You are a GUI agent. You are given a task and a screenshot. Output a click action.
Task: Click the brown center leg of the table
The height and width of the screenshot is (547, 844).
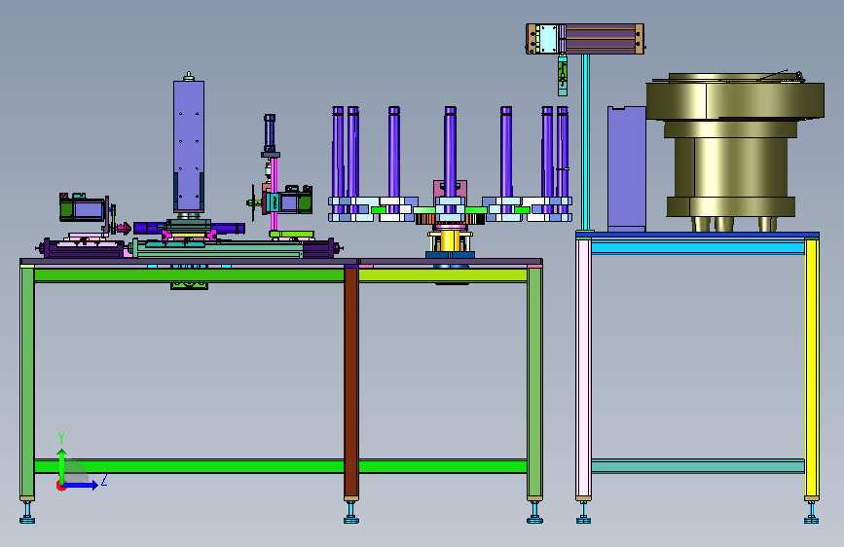click(x=351, y=383)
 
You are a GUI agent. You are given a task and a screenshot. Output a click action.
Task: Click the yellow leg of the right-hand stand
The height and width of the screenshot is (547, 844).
click(x=812, y=368)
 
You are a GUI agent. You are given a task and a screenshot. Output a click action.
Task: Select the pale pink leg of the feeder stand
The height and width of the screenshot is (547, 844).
click(x=583, y=368)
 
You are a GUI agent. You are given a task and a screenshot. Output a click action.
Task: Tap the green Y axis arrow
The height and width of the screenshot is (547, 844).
click(x=62, y=466)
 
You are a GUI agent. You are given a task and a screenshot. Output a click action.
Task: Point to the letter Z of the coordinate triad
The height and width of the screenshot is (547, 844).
click(x=104, y=480)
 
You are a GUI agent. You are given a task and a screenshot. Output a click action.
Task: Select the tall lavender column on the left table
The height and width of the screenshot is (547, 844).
click(x=189, y=145)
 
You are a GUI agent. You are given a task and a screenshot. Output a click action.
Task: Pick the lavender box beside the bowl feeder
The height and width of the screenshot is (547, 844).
click(x=627, y=168)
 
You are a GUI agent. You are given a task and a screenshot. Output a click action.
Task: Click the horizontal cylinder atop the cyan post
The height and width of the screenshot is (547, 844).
click(x=585, y=39)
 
